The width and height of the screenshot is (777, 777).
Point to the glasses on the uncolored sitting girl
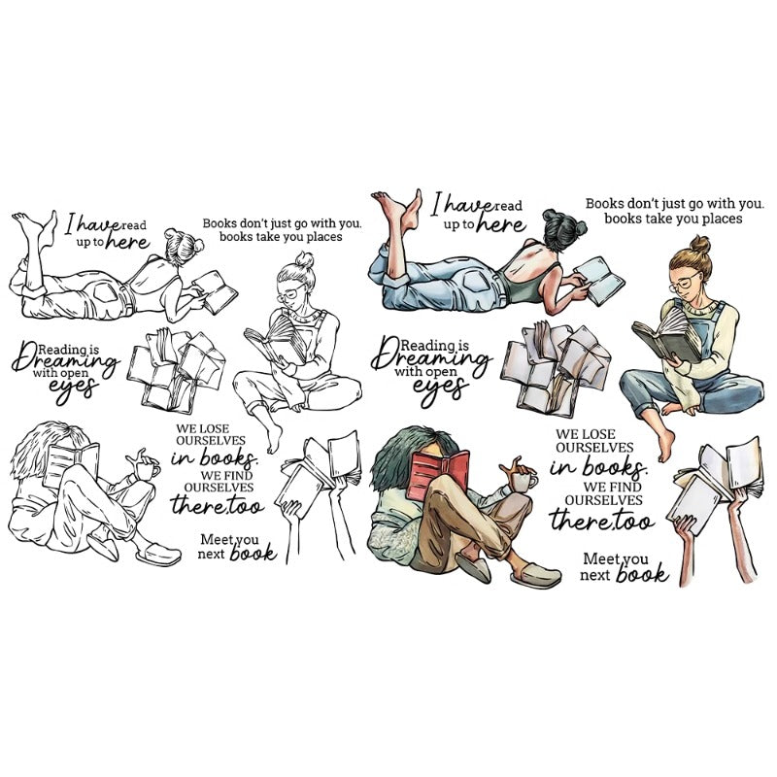coord(290,293)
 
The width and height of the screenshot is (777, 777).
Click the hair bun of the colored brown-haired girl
coord(699,245)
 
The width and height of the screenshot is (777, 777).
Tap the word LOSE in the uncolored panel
coord(215,428)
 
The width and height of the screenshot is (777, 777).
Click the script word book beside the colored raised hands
coord(642,574)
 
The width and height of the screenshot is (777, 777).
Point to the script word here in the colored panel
coord(500,224)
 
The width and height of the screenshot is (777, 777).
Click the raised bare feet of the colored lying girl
coord(397,209)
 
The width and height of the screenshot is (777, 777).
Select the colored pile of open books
coord(556,368)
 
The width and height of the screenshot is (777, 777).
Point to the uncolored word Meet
coord(217,539)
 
